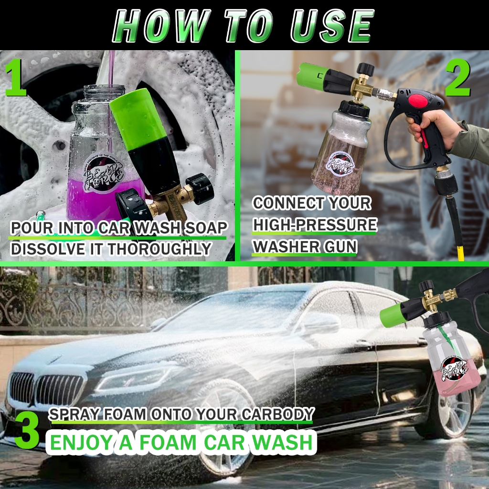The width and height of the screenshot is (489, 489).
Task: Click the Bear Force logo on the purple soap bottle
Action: click(x=104, y=175)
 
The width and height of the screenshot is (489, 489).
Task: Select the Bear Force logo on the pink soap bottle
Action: click(x=454, y=370)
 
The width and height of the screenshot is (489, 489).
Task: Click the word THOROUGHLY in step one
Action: click(x=159, y=249)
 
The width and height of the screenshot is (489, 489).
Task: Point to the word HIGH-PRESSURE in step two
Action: click(x=315, y=224)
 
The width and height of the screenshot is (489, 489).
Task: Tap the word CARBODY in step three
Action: click(x=277, y=414)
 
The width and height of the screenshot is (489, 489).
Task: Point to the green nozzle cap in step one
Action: click(x=137, y=119)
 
